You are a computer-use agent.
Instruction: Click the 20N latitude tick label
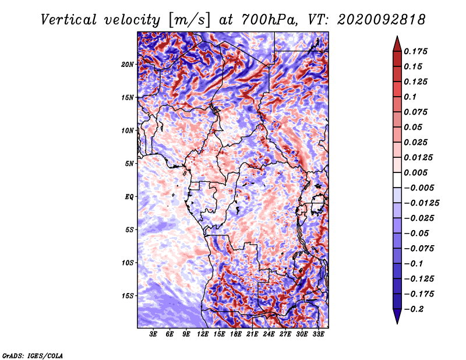(x=128, y=65)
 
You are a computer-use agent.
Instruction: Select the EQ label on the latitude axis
(x=129, y=197)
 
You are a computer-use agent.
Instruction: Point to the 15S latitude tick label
(x=128, y=296)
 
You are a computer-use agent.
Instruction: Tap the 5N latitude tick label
(x=129, y=164)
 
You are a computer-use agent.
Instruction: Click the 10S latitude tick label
(x=128, y=263)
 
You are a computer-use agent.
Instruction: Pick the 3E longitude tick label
(x=153, y=334)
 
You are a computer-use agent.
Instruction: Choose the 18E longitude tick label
(x=236, y=334)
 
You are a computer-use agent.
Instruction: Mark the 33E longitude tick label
(x=318, y=334)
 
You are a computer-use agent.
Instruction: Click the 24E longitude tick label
(x=269, y=334)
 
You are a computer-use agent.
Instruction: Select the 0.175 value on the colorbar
(x=415, y=51)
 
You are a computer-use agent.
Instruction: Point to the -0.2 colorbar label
(x=414, y=309)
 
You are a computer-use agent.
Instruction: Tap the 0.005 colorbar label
(x=415, y=172)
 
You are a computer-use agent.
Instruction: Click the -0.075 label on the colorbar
(x=419, y=249)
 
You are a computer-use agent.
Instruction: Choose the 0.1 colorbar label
(x=410, y=97)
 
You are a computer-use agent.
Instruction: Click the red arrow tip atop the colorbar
(x=397, y=37)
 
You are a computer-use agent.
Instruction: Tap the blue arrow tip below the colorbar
(x=397, y=323)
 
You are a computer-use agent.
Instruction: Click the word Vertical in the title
(x=69, y=20)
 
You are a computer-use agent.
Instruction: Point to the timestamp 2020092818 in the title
(x=382, y=20)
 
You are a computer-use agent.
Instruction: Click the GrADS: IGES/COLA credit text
(x=33, y=355)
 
